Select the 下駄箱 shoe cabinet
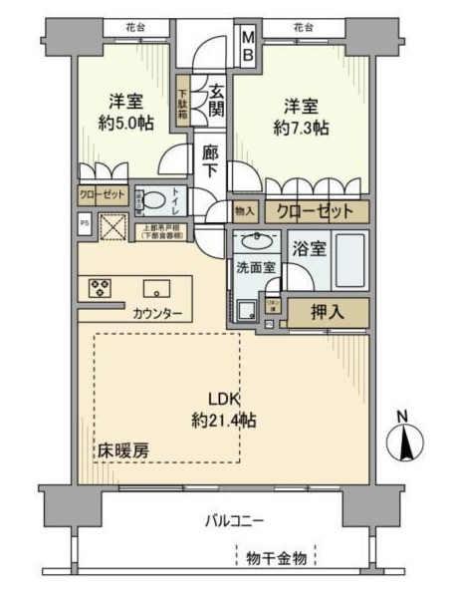tap(183, 102)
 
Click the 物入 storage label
tap(245, 211)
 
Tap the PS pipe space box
tap(84, 225)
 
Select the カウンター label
tap(157, 314)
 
